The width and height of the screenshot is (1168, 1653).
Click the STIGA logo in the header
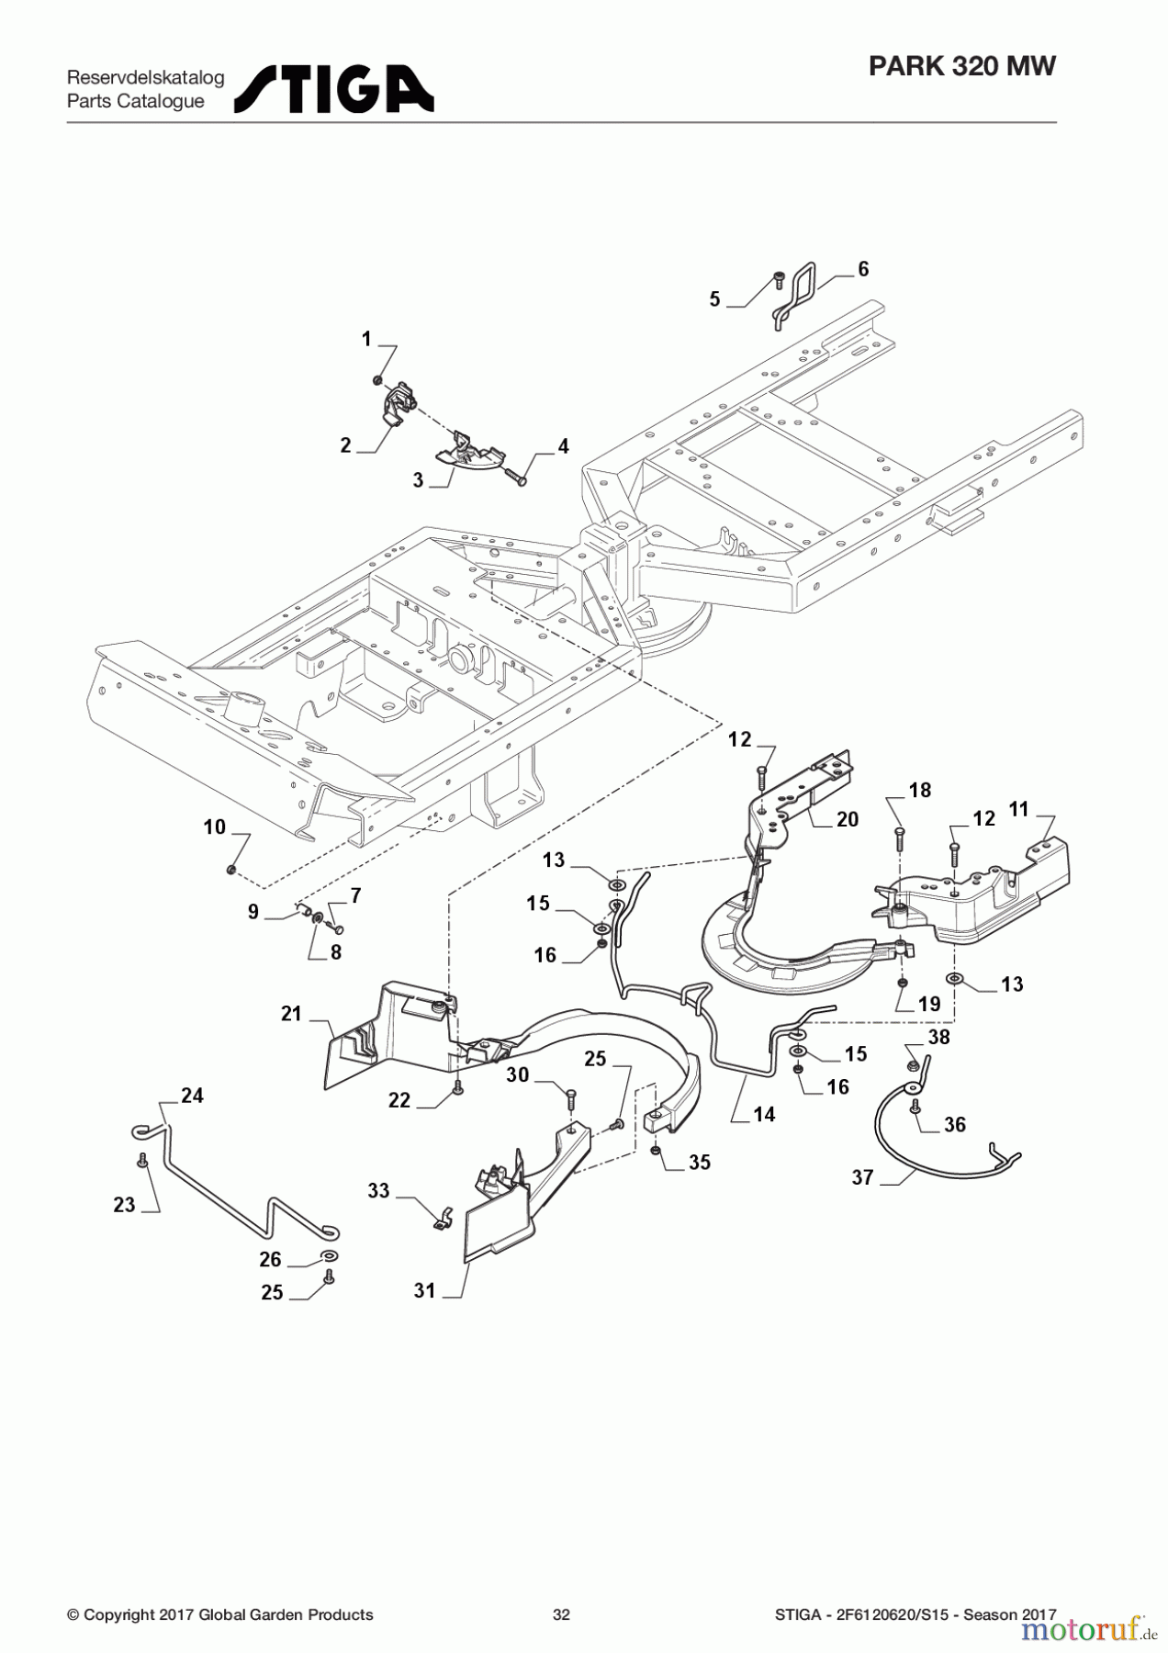pyautogui.click(x=334, y=89)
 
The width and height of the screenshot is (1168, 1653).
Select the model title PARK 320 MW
pyautogui.click(x=961, y=66)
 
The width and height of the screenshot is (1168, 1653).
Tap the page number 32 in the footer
pyautogui.click(x=561, y=1614)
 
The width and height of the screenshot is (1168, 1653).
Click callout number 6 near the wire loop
pyautogui.click(x=862, y=269)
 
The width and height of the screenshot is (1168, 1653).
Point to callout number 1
pyautogui.click(x=366, y=340)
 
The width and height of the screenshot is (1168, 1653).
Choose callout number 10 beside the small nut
pyautogui.click(x=214, y=827)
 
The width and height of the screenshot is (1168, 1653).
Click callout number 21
pyautogui.click(x=291, y=1014)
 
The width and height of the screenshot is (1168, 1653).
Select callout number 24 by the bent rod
pyautogui.click(x=192, y=1096)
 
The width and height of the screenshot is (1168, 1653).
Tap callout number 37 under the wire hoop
pyautogui.click(x=861, y=1177)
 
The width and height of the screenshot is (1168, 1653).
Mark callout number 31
pyautogui.click(x=424, y=1291)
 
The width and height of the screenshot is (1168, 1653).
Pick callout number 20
pyautogui.click(x=847, y=819)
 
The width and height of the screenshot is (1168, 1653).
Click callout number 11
pyautogui.click(x=1018, y=809)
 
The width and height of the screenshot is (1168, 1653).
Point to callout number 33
pyautogui.click(x=378, y=1191)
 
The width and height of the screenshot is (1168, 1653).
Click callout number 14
pyautogui.click(x=764, y=1114)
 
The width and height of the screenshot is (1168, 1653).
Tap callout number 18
pyautogui.click(x=919, y=791)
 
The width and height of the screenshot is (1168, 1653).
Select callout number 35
pyautogui.click(x=700, y=1163)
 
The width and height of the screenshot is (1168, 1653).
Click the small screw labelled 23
pyautogui.click(x=142, y=1161)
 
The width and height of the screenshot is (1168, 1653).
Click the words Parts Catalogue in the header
pyautogui.click(x=135, y=102)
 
